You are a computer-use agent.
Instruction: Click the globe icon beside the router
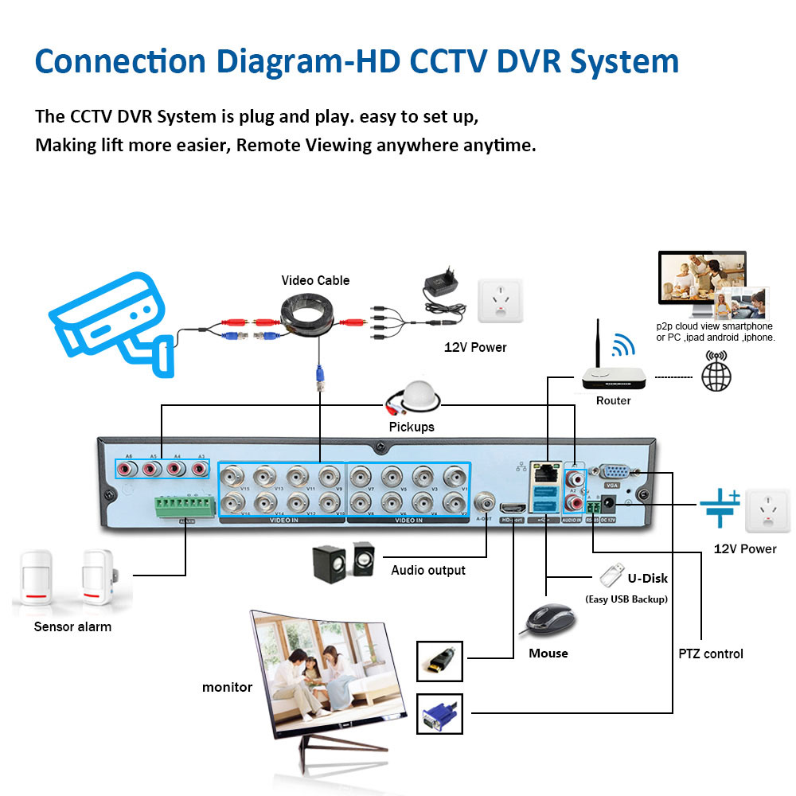[716, 377]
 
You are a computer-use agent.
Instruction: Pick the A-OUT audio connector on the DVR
[484, 503]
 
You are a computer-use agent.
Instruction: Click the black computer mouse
[548, 619]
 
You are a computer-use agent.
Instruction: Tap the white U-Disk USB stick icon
[610, 573]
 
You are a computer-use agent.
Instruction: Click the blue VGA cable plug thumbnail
[439, 713]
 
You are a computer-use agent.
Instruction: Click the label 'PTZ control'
[711, 654]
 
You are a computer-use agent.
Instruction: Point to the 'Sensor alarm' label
[72, 626]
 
